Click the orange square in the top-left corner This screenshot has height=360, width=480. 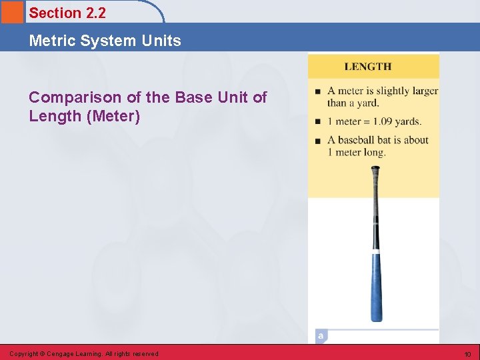11,11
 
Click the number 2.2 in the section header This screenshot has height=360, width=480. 95,13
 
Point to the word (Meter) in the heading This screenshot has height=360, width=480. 113,117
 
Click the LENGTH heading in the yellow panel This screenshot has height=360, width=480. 367,67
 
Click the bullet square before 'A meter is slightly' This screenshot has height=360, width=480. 318,92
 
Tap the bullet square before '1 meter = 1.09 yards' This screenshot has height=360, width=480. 318,122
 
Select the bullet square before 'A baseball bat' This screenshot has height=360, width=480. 318,141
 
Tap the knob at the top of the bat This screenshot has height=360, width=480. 376,170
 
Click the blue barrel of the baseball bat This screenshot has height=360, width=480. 377,287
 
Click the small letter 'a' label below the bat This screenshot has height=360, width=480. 321,336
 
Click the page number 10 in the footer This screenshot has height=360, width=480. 467,354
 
